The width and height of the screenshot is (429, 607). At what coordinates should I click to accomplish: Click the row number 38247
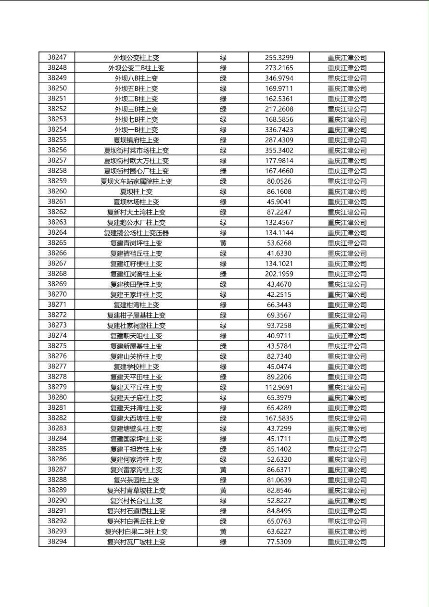coord(57,57)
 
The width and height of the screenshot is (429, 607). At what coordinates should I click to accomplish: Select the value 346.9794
coord(279,78)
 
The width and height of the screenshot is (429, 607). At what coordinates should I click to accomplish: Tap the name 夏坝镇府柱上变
coord(136,140)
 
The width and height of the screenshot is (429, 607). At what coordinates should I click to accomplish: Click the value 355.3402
coord(279,150)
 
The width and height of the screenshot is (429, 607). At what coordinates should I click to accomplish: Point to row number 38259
coord(57,181)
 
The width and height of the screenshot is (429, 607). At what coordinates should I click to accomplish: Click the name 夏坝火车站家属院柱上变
coord(136,181)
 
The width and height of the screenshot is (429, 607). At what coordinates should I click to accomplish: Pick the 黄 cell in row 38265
coord(223,243)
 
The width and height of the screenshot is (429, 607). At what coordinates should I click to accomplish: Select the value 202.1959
coord(279,274)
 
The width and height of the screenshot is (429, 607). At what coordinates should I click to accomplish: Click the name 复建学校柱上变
coord(136,367)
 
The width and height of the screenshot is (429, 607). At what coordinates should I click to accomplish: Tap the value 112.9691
coord(279,387)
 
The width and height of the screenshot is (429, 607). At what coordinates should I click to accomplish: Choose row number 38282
coord(57,418)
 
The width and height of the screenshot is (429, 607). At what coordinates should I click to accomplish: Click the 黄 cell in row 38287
coord(223,469)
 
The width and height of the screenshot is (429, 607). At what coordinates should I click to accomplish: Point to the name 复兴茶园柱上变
coord(136,480)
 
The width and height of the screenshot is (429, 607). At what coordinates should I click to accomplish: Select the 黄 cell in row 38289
coord(223,490)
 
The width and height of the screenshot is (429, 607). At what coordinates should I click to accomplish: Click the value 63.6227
coord(279,531)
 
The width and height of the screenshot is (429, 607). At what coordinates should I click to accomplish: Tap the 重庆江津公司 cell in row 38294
coord(347,542)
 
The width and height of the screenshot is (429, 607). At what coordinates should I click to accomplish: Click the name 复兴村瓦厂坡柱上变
coord(136,542)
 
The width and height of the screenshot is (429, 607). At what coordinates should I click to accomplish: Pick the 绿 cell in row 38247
coord(223,57)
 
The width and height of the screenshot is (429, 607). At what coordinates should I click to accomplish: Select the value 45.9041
coord(279,202)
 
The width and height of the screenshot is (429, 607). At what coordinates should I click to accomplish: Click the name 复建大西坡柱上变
coord(136,418)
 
